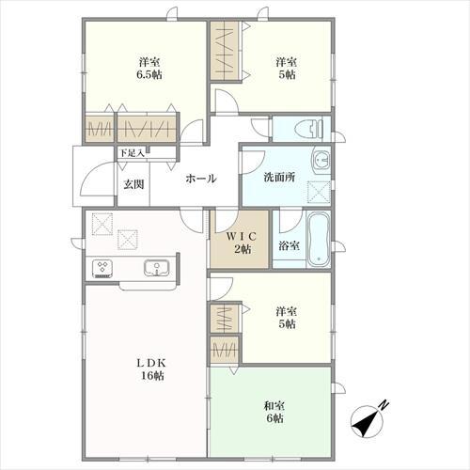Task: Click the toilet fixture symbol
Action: (x=309, y=129)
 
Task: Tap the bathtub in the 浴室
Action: (x=318, y=239)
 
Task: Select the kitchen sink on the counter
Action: (x=157, y=268)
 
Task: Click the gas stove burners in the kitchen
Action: (x=102, y=269)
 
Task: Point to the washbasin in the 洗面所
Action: (x=321, y=161)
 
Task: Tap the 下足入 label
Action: (x=132, y=153)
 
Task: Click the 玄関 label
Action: (x=133, y=184)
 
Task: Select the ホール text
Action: (x=201, y=179)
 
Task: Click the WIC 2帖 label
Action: (x=242, y=243)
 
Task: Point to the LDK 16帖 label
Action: (x=151, y=369)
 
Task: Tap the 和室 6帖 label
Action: (x=274, y=412)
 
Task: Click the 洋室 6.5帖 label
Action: (x=150, y=69)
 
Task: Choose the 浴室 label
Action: (x=289, y=246)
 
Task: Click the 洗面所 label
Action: (x=279, y=178)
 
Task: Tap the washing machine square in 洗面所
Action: (x=319, y=193)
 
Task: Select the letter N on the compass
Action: (x=384, y=405)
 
